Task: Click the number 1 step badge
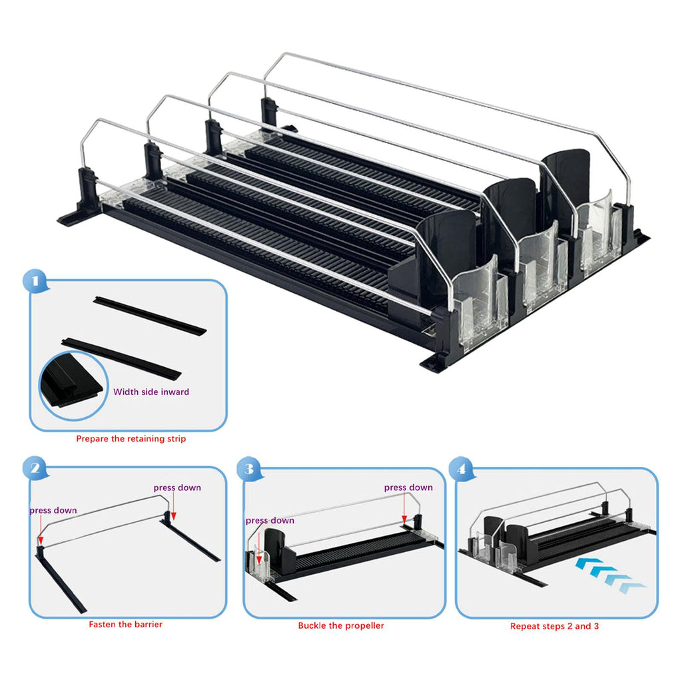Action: [x=35, y=282]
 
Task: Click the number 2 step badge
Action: [x=35, y=468]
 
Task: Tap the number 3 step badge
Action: [x=249, y=469]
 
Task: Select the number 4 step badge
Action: [x=462, y=469]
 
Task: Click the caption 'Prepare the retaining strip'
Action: [x=131, y=438]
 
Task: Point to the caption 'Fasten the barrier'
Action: [x=126, y=624]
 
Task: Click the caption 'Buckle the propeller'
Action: [x=341, y=625]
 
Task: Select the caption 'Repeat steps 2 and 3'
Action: [x=555, y=626]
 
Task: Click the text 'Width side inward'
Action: [x=151, y=392]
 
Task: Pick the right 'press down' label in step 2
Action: [x=177, y=488]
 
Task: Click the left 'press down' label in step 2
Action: [x=53, y=510]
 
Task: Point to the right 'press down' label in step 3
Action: [x=408, y=488]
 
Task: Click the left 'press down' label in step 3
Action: [x=270, y=520]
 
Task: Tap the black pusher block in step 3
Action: [x=278, y=550]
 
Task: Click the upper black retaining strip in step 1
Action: [x=150, y=315]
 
